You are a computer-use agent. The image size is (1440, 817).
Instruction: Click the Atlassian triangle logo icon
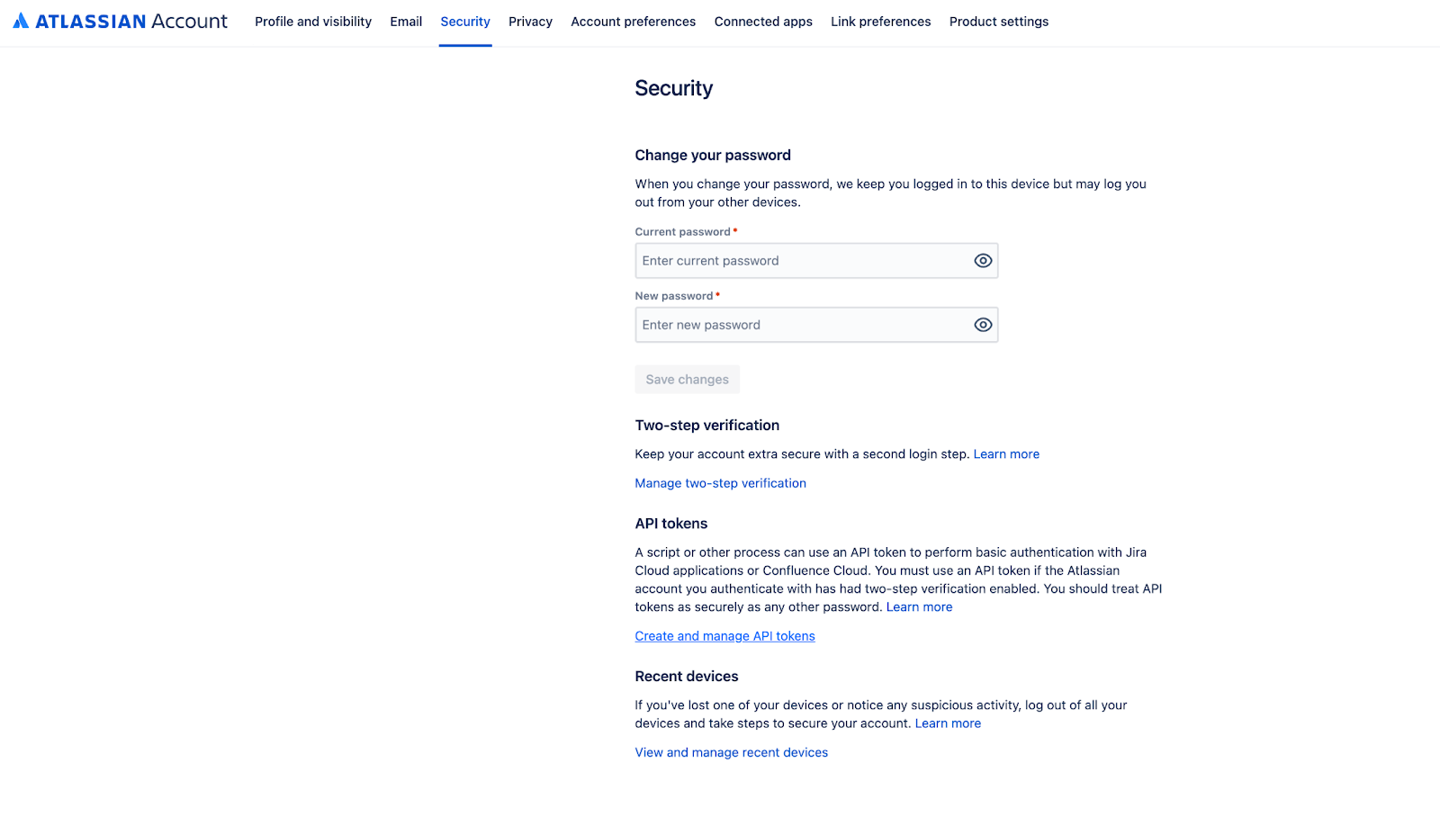point(21,21)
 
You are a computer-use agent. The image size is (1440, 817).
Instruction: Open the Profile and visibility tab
point(313,22)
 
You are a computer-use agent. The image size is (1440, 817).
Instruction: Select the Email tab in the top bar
point(406,22)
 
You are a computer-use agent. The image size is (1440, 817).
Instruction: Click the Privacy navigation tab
point(530,22)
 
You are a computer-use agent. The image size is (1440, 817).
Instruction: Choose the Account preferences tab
point(633,22)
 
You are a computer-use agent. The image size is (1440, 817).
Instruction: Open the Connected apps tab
point(763,22)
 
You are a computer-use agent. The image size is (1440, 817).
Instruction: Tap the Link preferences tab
point(880,22)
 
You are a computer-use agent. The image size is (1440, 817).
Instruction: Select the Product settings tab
point(998,22)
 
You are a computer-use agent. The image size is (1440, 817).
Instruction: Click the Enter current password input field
point(801,261)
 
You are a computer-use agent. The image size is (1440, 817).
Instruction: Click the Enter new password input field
point(801,325)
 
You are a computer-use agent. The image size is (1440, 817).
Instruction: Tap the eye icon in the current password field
point(983,261)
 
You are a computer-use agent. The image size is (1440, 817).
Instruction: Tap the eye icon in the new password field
point(983,325)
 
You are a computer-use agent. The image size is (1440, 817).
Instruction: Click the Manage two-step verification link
point(720,483)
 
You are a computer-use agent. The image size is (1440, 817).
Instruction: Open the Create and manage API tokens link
point(724,636)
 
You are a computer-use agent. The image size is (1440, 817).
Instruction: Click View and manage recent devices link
point(731,752)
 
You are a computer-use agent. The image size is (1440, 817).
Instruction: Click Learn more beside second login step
point(1006,454)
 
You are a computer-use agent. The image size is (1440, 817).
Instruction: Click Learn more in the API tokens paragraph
point(919,607)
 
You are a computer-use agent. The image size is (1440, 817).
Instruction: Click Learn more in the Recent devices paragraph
point(948,723)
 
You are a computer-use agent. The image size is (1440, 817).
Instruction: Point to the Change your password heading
point(713,155)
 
